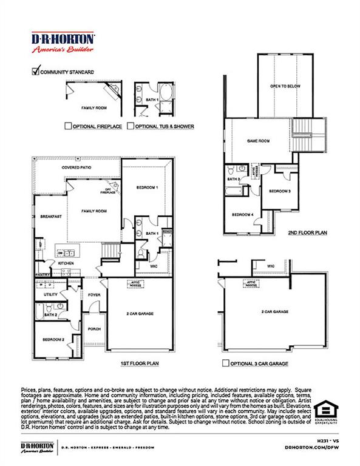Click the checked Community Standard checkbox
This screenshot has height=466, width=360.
point(35,71)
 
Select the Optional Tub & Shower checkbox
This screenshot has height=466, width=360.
point(131,126)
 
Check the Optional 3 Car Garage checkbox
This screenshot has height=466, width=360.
point(226,364)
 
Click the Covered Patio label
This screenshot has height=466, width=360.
point(76,167)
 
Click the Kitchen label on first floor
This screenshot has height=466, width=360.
point(66,263)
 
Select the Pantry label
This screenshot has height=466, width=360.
point(42,274)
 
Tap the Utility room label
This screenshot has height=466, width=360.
point(50,294)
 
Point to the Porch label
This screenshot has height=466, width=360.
point(94,330)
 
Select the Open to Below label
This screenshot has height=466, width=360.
point(285,86)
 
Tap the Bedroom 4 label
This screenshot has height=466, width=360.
point(242,214)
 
